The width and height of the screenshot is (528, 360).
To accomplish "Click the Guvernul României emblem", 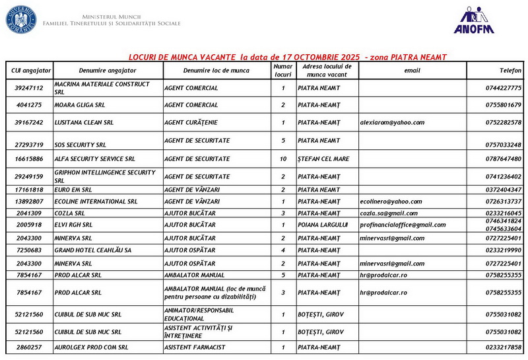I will [22, 18].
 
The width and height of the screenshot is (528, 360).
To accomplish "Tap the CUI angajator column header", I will [29, 70].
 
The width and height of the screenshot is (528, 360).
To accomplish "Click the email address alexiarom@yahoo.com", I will [392, 123].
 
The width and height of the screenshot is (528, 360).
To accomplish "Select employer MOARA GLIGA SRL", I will [80, 105].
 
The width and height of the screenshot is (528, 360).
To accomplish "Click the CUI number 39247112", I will [29, 88].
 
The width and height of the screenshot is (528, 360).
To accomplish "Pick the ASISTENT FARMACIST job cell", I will [195, 347].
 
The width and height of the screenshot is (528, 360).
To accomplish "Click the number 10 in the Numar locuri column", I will [283, 159].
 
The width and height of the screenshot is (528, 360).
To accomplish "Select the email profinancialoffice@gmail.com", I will [403, 225].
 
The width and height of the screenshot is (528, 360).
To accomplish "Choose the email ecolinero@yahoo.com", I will [391, 201].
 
